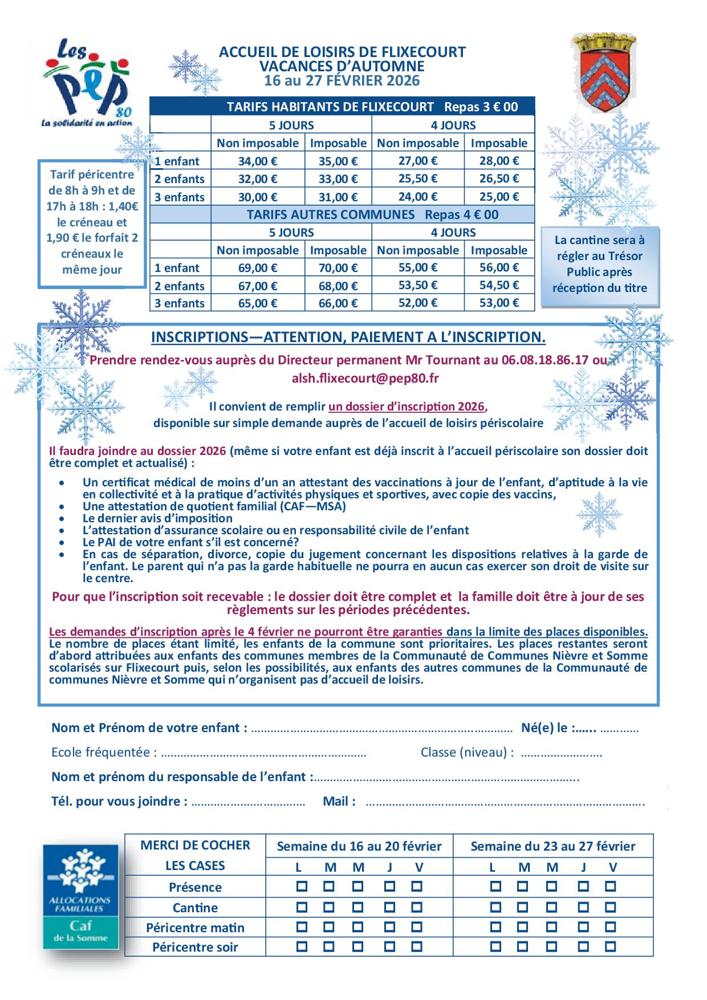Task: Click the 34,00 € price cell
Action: tap(258, 161)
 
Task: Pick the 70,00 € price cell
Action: tap(338, 268)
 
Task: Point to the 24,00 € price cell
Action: tap(418, 197)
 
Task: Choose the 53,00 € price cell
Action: tap(499, 303)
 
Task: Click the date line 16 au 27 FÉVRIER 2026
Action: tap(342, 80)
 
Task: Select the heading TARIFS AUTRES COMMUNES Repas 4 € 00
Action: tap(372, 214)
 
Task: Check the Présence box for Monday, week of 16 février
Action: tap(302, 887)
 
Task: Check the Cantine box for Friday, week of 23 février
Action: tap(611, 907)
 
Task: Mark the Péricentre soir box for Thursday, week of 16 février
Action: tap(389, 947)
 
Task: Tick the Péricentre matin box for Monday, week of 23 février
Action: tap(495, 927)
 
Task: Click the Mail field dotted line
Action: tap(505, 803)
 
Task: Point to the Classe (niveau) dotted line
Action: tap(561, 753)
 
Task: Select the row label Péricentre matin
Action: tap(195, 928)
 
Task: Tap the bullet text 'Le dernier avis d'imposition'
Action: tap(157, 518)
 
